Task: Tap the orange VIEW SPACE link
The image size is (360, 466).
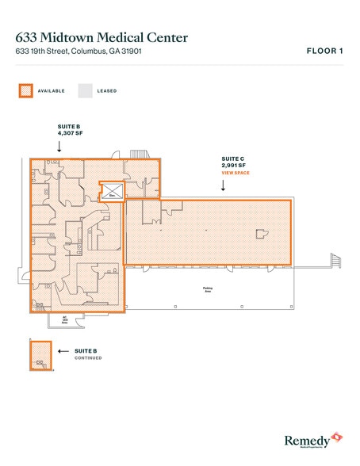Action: click(236, 172)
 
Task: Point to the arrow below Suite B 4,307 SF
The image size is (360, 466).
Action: click(59, 147)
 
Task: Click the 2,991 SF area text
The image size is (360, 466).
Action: click(236, 166)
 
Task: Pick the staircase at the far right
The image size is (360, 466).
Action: click(334, 259)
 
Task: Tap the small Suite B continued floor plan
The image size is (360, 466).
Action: click(40, 355)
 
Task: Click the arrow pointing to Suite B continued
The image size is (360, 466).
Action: click(63, 349)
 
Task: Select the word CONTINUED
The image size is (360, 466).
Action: click(88, 357)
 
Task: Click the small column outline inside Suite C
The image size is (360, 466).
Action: click(260, 233)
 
